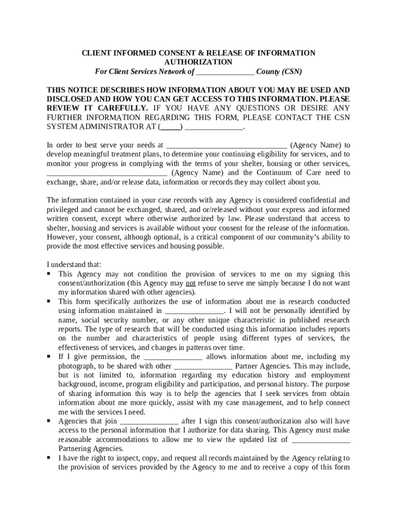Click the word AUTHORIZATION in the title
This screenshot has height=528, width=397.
click(198, 62)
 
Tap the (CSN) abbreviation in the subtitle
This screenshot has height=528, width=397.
click(291, 72)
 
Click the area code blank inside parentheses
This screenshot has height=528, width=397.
click(171, 126)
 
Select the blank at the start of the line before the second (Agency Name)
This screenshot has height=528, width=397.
click(107, 173)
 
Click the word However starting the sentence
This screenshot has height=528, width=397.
click(62, 237)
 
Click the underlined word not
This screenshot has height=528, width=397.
click(191, 283)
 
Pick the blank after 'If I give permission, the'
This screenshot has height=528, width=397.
click(173, 357)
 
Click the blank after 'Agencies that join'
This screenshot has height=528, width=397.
click(148, 421)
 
